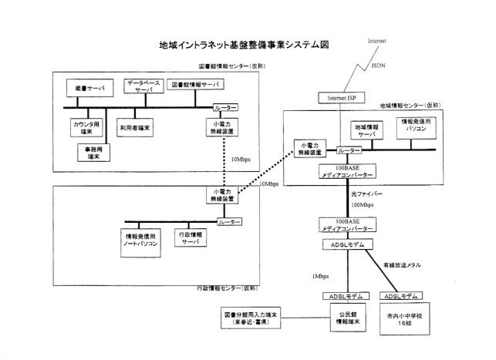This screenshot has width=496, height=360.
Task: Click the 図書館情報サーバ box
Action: pos(194,84)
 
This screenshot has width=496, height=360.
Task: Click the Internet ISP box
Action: pos(341,99)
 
